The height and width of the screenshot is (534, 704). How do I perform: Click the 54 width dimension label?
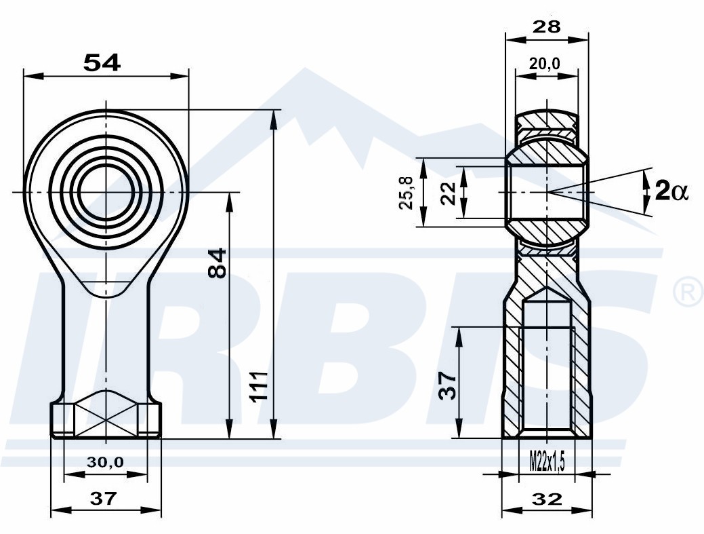point(102,63)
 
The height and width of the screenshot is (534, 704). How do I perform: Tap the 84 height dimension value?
point(218,263)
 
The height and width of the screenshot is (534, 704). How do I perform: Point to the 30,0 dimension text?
point(105,461)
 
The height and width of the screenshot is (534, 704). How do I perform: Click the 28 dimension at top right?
point(546,27)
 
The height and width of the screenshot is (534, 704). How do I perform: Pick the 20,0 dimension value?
point(545,64)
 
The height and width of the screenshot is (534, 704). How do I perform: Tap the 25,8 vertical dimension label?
point(406,193)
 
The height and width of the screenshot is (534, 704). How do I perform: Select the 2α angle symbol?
point(671,190)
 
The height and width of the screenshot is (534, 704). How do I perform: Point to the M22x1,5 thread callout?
point(546,461)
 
